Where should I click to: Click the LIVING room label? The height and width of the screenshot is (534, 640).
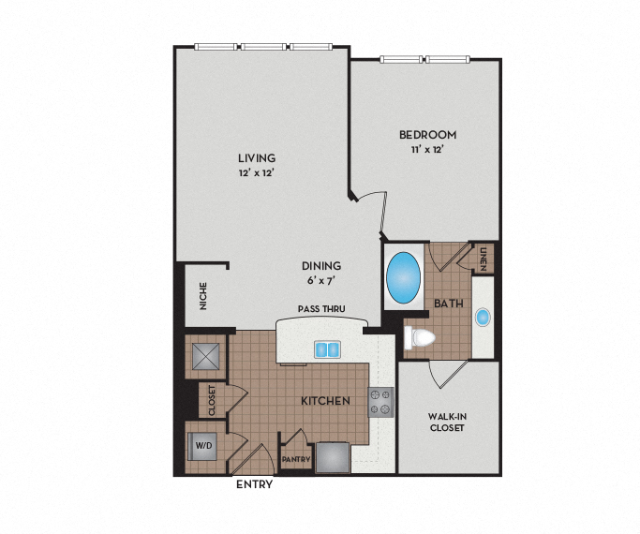pyautogui.click(x=256, y=157)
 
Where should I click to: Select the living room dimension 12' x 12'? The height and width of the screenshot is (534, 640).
pyautogui.click(x=256, y=173)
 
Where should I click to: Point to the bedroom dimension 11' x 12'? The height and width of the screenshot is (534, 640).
pyautogui.click(x=425, y=150)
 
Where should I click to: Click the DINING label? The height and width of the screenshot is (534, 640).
pyautogui.click(x=320, y=265)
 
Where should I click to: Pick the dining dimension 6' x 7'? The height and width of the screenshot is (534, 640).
pyautogui.click(x=320, y=280)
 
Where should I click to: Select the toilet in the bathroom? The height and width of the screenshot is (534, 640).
pyautogui.click(x=420, y=336)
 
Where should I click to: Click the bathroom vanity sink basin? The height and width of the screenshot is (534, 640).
pyautogui.click(x=484, y=318)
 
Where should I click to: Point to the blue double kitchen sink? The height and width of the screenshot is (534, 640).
pyautogui.click(x=327, y=349)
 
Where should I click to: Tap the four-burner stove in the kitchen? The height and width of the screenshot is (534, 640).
pyautogui.click(x=380, y=402)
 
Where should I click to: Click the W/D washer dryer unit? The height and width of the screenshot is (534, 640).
pyautogui.click(x=203, y=445)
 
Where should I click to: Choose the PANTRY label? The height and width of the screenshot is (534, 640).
pyautogui.click(x=296, y=460)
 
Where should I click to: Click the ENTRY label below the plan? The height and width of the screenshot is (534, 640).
pyautogui.click(x=254, y=484)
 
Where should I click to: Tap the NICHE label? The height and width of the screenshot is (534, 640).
pyautogui.click(x=202, y=298)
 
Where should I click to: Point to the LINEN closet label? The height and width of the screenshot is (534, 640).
pyautogui.click(x=484, y=260)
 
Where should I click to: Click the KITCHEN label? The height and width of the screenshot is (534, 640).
pyautogui.click(x=325, y=401)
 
